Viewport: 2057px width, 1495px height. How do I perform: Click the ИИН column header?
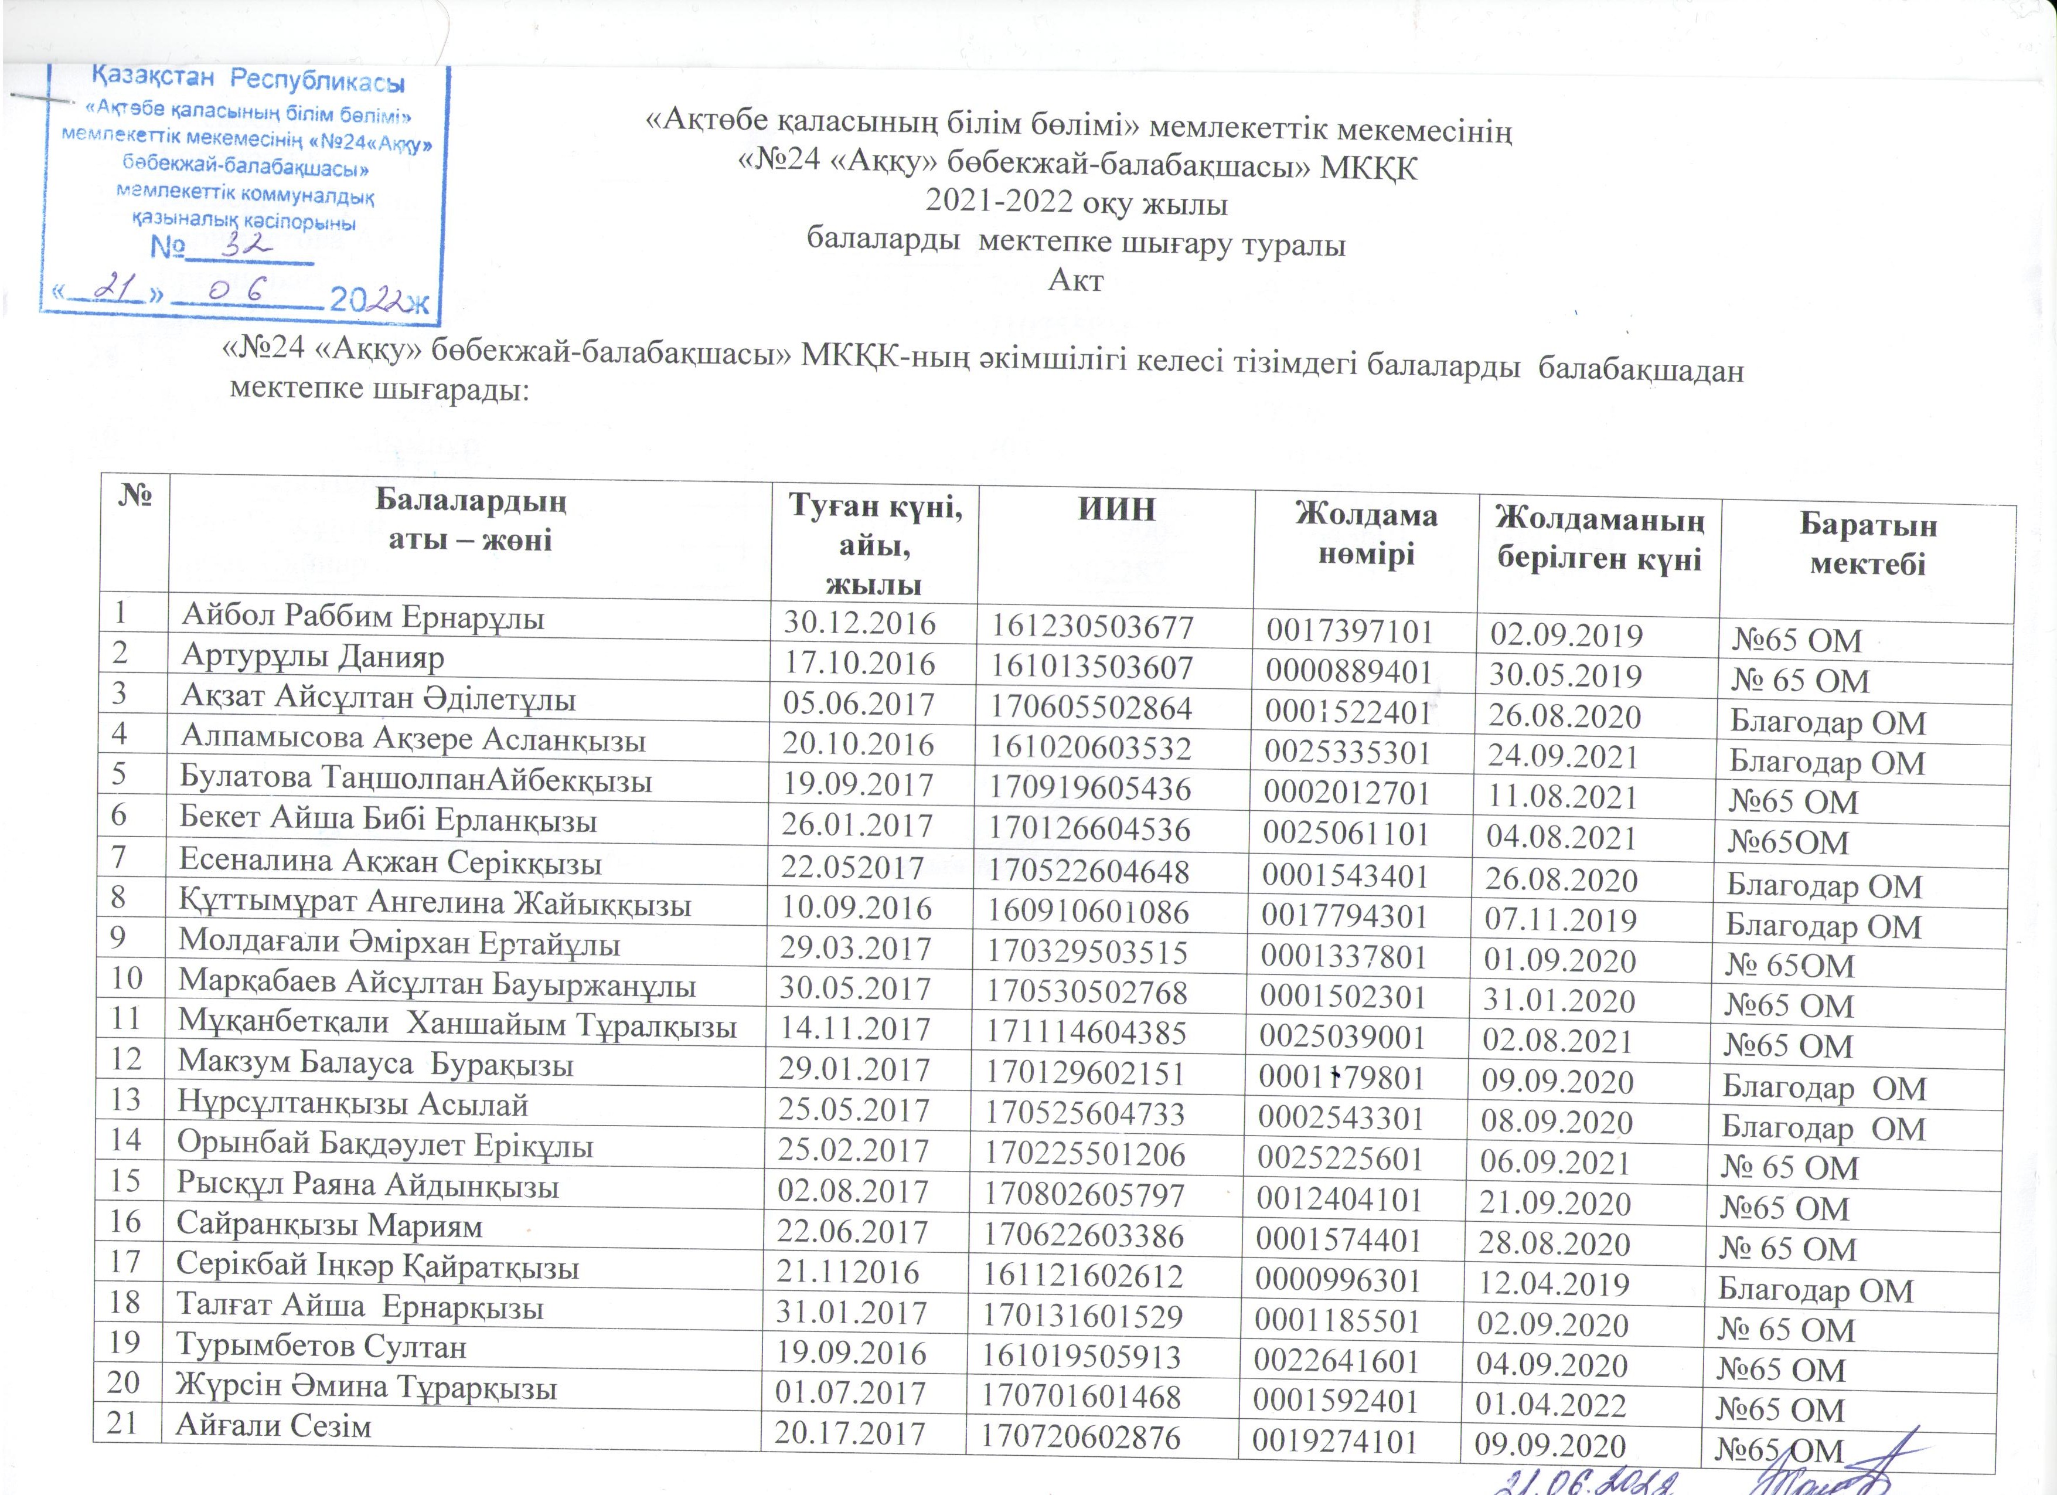coord(1116,509)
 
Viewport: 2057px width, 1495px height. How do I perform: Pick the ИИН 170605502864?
coord(1090,708)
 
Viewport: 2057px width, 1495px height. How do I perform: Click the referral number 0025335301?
coord(1347,752)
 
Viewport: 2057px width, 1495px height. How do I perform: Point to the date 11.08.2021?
coord(1562,797)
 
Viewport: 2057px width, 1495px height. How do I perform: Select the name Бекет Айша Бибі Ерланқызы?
coord(387,820)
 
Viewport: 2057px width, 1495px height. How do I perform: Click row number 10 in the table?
coord(127,978)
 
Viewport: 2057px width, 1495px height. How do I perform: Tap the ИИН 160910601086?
coord(1088,911)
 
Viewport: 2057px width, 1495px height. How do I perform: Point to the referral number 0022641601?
coord(1336,1362)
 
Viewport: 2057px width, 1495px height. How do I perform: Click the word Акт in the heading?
coord(1075,280)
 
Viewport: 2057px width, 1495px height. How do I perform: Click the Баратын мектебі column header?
coord(1868,544)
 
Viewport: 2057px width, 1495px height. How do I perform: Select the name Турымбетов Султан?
coord(321,1347)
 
